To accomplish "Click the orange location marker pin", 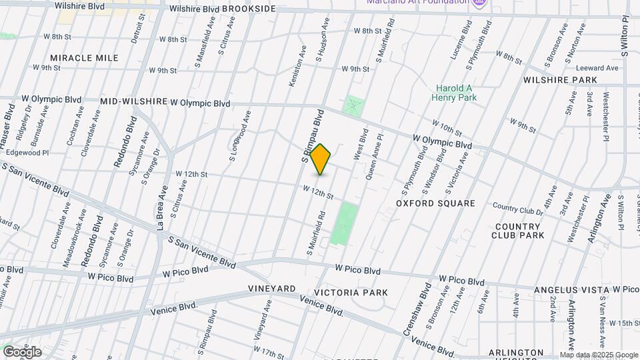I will coord(321,159).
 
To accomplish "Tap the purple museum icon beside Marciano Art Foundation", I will coord(479,3).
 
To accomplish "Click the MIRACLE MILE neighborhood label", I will coord(84,58).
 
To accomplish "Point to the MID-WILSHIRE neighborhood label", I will coord(133,101).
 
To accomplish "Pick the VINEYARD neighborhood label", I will coord(272,289).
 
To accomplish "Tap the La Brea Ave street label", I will coord(162,207).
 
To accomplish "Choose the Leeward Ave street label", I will coord(598,68).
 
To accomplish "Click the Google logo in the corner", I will coord(21,352).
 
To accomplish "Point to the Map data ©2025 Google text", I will coord(599,355).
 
